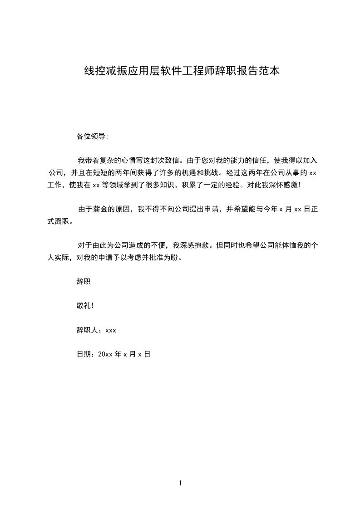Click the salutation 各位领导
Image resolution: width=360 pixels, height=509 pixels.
point(92,136)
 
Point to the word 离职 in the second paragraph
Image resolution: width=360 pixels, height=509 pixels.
point(62,222)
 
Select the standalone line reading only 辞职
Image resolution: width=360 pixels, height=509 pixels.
point(84,282)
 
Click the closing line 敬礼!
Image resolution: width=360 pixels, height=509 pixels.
point(85,306)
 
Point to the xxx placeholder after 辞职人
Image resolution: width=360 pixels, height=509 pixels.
point(111,330)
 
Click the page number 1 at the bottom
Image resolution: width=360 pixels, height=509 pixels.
point(180,483)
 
